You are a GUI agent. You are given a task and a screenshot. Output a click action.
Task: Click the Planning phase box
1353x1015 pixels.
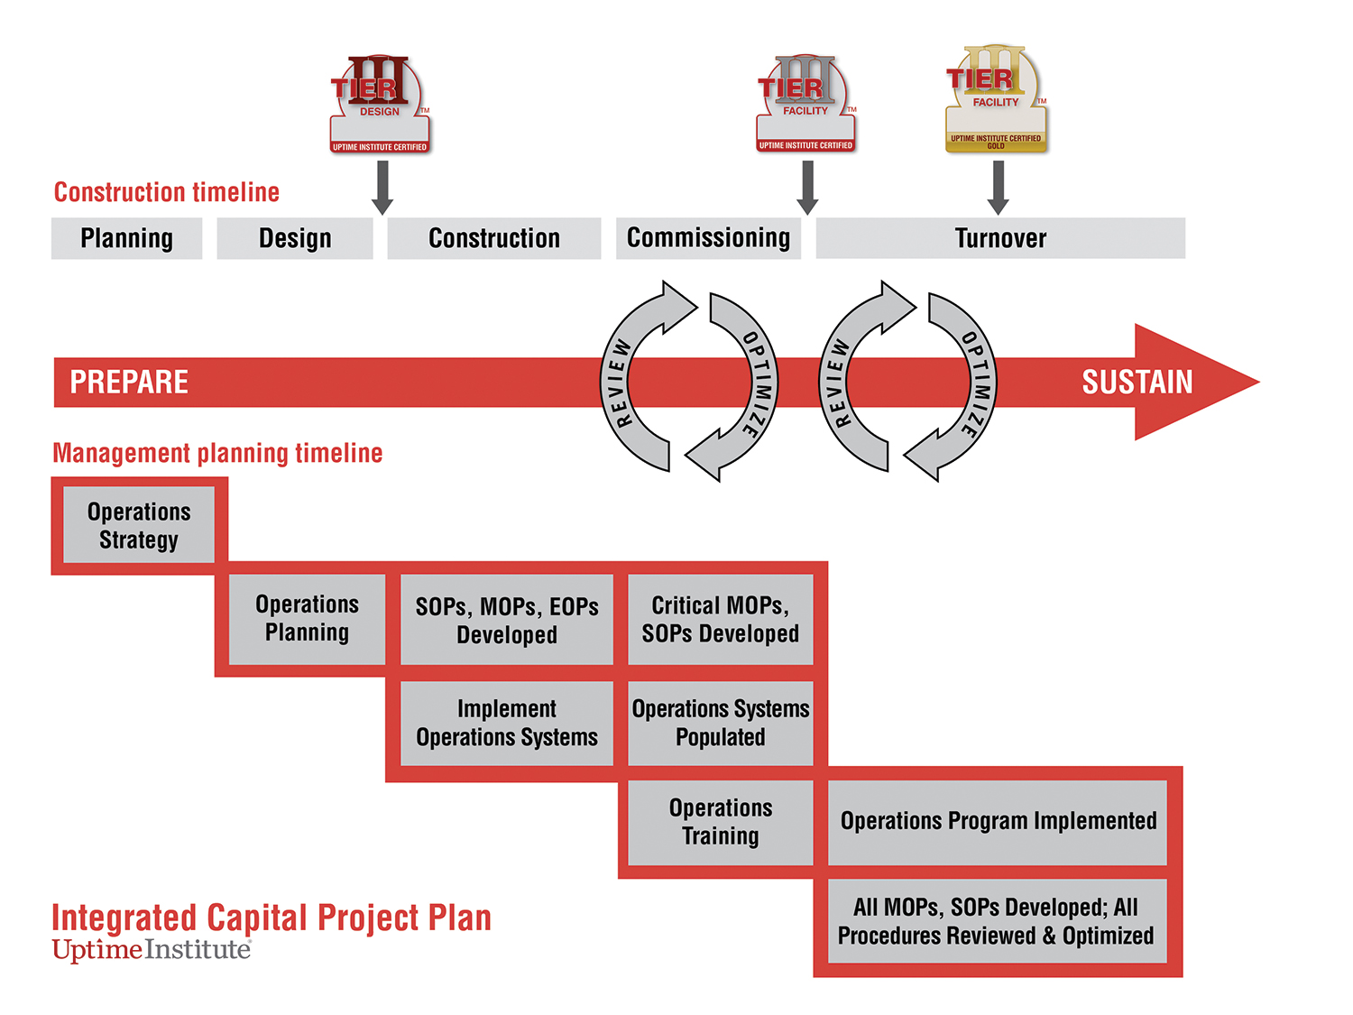coord(126,238)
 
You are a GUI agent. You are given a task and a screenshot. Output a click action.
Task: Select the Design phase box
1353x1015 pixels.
coord(295,238)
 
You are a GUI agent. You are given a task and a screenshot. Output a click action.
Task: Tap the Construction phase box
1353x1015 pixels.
coord(494,238)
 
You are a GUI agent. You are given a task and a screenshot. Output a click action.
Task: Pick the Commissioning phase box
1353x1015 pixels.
coord(708,238)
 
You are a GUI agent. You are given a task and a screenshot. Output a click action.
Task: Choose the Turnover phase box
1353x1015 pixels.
coord(1000,238)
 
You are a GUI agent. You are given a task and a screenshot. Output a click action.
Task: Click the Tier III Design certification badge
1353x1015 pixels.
coord(379,104)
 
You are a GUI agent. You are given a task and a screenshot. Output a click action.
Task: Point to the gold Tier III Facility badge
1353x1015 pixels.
coord(996,99)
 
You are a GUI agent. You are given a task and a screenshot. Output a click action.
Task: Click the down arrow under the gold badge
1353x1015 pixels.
coord(998,188)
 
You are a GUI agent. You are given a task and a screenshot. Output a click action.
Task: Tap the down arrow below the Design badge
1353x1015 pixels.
coord(382,188)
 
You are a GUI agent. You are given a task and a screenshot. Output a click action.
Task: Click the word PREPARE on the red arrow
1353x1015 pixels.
coord(129,383)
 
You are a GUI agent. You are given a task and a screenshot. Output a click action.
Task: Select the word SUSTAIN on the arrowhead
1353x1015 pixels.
coord(1137,383)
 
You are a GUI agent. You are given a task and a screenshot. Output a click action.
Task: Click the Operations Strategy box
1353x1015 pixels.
coord(139,525)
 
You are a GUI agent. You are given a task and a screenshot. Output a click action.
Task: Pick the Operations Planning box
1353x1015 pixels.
coord(307,618)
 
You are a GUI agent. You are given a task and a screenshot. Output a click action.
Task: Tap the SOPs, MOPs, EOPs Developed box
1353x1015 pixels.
coord(507,620)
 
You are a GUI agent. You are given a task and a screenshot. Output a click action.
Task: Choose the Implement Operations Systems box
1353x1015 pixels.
coord(507,723)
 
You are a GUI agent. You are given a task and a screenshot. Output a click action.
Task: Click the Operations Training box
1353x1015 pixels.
coord(721,821)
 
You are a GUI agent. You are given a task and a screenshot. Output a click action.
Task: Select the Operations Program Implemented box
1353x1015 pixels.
coord(999,821)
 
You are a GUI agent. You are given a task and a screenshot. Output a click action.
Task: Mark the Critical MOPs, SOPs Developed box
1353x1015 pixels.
coord(721,619)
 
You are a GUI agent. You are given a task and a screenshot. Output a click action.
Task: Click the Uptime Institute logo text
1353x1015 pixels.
coord(151,950)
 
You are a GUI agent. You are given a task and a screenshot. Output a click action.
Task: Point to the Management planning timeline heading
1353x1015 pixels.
coord(217,453)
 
